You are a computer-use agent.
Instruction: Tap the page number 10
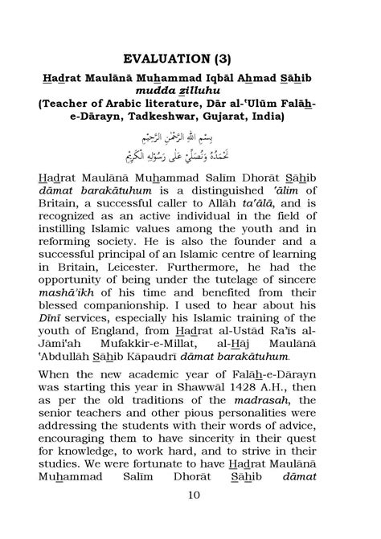click(190, 517)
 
